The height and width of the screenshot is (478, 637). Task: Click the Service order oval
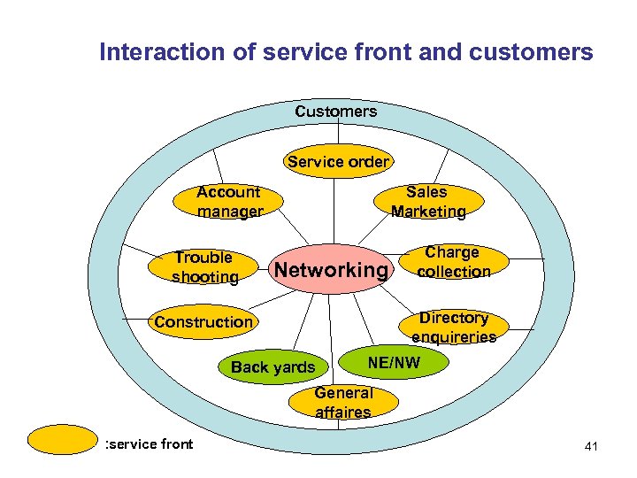tap(338, 162)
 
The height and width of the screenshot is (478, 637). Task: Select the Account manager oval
tap(229, 202)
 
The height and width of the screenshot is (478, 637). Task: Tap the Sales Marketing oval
tap(428, 202)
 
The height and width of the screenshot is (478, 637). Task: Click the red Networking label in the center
tap(331, 269)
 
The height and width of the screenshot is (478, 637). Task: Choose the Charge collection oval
tap(453, 263)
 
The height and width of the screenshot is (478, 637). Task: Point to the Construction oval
tap(203, 322)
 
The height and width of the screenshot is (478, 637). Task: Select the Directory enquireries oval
tap(453, 327)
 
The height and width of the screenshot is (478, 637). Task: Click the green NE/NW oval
tap(394, 361)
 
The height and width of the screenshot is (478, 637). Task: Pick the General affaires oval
tap(343, 402)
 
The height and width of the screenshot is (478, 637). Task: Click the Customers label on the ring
tap(335, 112)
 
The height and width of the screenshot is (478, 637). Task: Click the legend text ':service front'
tap(149, 444)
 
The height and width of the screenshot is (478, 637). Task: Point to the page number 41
tap(591, 446)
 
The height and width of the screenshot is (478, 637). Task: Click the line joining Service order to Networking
tap(334, 208)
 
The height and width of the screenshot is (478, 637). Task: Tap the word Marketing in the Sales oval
tap(428, 212)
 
